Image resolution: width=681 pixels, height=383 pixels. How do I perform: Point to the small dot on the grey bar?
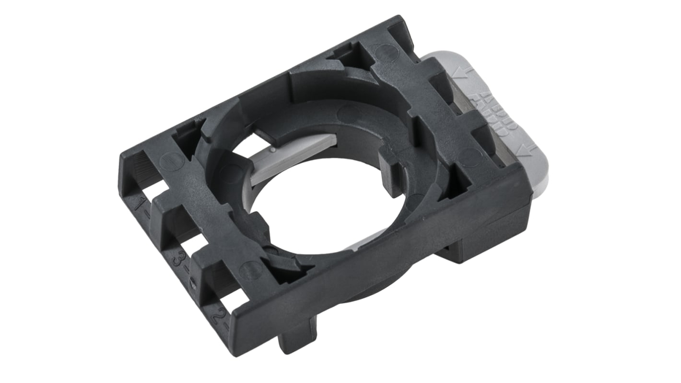tap(272, 150)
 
